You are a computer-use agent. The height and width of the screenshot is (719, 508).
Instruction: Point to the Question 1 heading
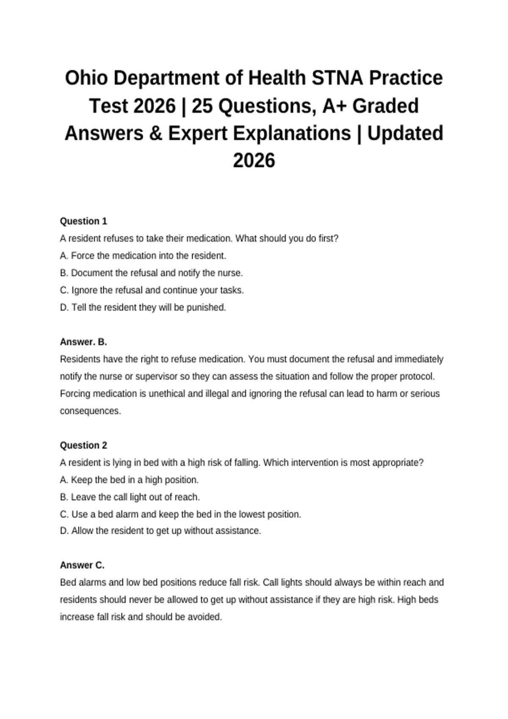point(83,221)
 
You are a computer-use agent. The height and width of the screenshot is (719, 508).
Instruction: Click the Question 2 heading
point(83,445)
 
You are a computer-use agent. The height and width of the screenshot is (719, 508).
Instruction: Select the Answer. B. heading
point(83,342)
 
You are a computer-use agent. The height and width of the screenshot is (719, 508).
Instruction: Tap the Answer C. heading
point(82,565)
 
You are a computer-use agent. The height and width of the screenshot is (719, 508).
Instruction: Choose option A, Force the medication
point(143,256)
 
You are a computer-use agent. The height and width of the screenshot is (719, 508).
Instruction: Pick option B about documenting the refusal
point(152,273)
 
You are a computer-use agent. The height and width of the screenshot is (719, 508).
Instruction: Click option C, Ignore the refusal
point(152,291)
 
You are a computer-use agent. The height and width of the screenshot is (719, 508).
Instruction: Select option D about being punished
point(143,307)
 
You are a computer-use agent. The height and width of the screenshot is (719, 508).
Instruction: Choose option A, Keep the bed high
point(129,480)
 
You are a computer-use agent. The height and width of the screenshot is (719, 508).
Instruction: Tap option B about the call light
point(130,497)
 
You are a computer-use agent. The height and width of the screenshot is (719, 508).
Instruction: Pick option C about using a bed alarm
point(181,515)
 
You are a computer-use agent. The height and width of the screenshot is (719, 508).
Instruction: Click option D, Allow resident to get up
point(160,531)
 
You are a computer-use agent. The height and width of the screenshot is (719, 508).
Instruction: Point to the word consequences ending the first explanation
point(90,411)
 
